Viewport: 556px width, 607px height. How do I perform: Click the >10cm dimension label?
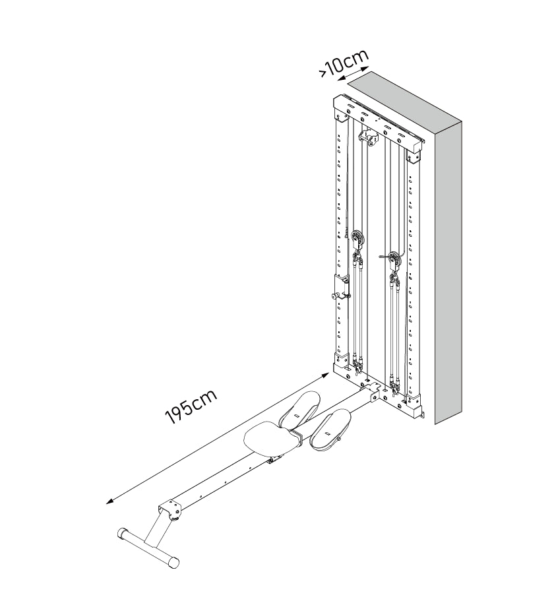coord(343,63)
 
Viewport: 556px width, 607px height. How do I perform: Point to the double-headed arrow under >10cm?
coord(352,73)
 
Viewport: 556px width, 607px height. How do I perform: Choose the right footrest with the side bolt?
coord(330,430)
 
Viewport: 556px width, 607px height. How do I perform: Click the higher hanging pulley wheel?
coord(357,240)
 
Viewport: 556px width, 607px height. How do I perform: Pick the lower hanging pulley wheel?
coord(394,261)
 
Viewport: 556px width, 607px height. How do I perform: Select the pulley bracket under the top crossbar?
coord(369,138)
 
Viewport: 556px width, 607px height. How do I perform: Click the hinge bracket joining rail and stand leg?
coord(170,510)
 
